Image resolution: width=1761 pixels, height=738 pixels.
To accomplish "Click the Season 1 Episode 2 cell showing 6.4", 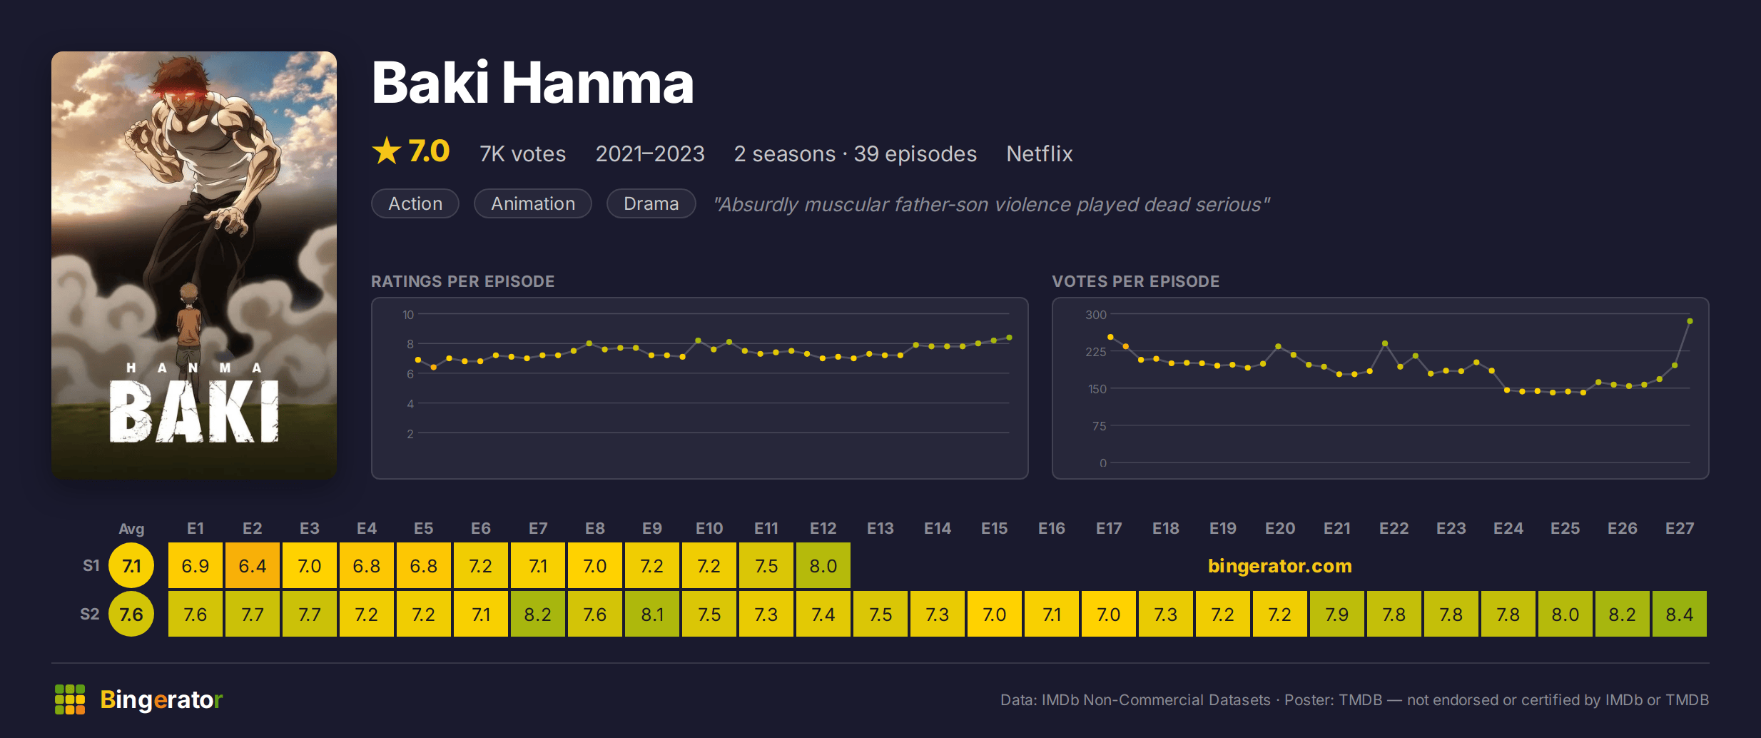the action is [x=253, y=565].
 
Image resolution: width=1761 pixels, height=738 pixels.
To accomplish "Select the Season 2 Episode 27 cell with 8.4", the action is [x=1679, y=614].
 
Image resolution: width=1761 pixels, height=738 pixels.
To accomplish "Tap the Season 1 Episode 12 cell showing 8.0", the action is [x=823, y=565].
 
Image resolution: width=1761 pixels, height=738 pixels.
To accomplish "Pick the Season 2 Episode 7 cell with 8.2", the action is [x=538, y=614].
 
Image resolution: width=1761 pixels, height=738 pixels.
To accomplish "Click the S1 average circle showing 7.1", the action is [x=131, y=565].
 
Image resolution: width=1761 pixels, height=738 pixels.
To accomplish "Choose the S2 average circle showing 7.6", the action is [x=131, y=614].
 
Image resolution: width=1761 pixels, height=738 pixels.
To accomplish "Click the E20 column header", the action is [x=1280, y=528].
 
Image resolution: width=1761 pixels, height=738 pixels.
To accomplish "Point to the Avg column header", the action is [x=131, y=529].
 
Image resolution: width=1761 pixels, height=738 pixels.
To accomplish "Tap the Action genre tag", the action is [x=415, y=203].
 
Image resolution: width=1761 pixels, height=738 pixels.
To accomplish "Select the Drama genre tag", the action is [x=651, y=203].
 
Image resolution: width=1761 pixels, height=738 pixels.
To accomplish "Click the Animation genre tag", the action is [x=533, y=203].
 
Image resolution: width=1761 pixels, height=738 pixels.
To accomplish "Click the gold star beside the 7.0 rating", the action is [x=387, y=151].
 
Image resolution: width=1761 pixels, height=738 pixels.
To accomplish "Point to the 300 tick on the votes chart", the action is [x=1096, y=315].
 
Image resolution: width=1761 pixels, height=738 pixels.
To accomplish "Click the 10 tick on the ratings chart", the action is [x=408, y=315].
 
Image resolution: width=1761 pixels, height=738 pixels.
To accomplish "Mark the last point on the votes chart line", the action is [x=1690, y=321].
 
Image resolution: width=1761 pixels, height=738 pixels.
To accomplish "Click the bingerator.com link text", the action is [x=1280, y=565].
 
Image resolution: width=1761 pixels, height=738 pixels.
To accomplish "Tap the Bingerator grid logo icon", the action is [x=70, y=699].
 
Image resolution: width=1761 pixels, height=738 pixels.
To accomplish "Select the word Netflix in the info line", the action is [x=1040, y=153].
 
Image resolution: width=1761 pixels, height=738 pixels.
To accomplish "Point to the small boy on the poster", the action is [x=189, y=325].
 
